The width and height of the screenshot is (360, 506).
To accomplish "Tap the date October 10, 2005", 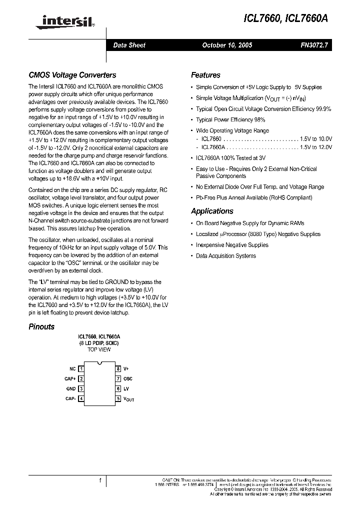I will (227, 45).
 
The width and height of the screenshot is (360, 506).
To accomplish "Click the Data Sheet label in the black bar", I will (129, 45).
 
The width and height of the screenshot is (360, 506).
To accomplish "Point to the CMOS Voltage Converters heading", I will (72, 75).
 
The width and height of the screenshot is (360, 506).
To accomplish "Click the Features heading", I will (205, 75).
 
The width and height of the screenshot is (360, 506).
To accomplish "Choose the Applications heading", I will (212, 211).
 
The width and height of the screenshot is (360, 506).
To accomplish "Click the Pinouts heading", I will (41, 326).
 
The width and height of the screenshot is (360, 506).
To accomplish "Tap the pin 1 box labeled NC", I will (81, 368).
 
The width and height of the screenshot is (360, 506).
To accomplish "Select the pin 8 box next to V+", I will (118, 368).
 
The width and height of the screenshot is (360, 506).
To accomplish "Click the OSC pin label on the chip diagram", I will (128, 378).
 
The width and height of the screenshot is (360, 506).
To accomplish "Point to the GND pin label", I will (70, 388).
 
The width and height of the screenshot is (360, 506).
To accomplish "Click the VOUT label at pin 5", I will (128, 399).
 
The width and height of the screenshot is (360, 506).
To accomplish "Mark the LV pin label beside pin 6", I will (126, 388).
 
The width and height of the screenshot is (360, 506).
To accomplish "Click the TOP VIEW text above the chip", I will (99, 349).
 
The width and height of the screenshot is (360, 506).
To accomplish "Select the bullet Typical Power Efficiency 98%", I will (230, 120).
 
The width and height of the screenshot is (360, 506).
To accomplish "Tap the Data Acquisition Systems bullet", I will (225, 255).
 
